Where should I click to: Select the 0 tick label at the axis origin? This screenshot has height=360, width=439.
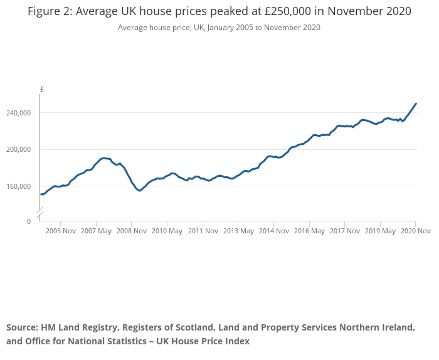28,221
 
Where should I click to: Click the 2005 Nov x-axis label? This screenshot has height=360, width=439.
61,231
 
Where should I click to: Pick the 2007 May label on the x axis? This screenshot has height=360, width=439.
96,231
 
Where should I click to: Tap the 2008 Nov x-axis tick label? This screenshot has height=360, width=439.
132,231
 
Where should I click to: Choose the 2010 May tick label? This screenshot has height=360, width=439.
167,231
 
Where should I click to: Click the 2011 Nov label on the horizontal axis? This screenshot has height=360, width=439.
203,231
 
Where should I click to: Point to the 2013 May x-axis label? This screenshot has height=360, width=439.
238,231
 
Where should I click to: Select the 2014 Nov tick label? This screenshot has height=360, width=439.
273,231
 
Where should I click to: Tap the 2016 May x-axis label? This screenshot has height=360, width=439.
309,231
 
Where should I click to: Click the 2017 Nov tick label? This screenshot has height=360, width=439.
344,231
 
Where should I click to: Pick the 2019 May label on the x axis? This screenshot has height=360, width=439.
380,231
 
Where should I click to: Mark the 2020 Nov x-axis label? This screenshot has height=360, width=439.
415,231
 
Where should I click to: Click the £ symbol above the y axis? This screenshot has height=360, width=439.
42,90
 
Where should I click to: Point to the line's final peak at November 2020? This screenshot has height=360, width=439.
416,103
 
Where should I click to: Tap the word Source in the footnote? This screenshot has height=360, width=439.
22,327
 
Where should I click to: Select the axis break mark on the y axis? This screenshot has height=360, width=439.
40,215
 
